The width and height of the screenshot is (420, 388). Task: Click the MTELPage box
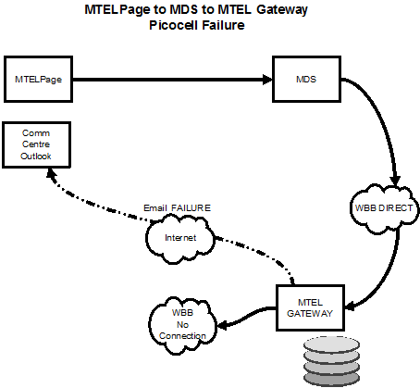tap(38, 80)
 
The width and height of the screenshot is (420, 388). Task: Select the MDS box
tap(306, 80)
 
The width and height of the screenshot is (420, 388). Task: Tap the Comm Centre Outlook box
tap(36, 144)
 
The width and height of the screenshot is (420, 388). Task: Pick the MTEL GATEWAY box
tap(310, 307)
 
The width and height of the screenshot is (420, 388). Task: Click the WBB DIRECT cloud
tap(384, 209)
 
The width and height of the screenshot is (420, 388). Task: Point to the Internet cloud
tap(180, 239)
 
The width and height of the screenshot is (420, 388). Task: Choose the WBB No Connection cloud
tap(183, 325)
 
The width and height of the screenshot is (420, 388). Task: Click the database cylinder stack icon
tap(331, 361)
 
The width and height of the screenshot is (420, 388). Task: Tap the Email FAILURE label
tap(178, 208)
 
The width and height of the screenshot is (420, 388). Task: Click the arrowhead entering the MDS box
tap(267, 80)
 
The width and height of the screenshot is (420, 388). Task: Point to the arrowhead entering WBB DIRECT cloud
tap(395, 181)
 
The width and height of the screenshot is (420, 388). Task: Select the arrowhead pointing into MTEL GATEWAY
tap(350, 307)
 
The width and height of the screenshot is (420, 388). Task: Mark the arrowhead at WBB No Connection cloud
tap(223, 325)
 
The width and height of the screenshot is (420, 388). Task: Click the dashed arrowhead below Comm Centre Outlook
tap(51, 173)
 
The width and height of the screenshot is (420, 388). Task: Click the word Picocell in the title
tap(173, 25)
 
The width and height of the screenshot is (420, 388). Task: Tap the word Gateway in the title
tap(282, 10)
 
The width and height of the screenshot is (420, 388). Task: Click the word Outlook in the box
tap(36, 156)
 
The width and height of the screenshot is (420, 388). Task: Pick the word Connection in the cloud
tap(182, 336)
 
